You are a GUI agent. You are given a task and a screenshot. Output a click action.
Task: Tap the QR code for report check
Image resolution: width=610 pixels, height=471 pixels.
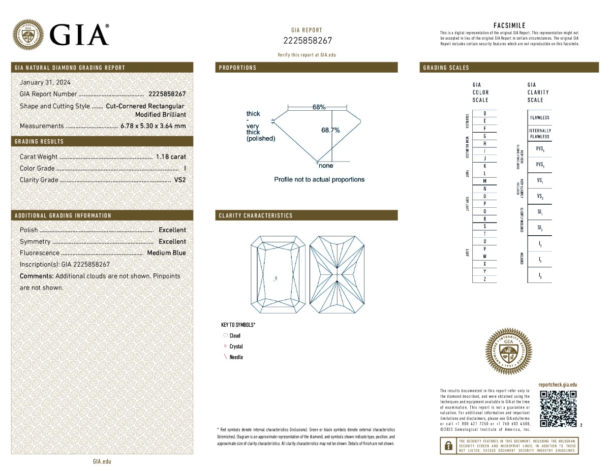(558, 409)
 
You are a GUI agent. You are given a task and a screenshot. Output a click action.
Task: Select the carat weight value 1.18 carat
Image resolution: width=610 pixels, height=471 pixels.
(171, 157)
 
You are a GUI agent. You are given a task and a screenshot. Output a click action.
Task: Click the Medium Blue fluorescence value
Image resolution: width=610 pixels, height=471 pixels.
(166, 253)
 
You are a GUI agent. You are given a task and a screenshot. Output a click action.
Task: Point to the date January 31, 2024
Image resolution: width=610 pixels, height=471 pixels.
(45, 82)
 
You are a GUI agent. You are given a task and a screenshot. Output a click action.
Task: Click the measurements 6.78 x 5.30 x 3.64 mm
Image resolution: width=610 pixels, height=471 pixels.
(153, 126)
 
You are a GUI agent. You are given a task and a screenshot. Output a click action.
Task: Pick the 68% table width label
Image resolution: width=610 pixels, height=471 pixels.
(319, 107)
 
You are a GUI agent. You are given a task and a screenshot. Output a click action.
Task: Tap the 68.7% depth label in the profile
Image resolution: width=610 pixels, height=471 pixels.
(330, 130)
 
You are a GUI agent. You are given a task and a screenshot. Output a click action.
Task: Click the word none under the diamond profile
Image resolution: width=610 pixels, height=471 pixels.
(326, 166)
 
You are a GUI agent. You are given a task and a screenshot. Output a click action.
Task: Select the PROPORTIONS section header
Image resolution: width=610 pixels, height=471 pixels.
(238, 68)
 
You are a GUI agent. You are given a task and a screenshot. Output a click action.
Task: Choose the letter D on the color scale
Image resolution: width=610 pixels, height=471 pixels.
(484, 113)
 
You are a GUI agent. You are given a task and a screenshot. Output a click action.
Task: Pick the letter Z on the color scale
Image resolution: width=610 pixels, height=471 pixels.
(484, 279)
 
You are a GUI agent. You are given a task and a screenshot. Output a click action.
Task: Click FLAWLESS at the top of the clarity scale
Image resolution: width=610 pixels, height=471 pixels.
(539, 118)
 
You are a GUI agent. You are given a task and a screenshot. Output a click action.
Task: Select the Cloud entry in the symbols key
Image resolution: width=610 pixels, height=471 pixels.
(235, 335)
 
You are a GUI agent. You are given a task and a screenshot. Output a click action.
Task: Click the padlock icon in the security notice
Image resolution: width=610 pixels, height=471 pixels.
(448, 446)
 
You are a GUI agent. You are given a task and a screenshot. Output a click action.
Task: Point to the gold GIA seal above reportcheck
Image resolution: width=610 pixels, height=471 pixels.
(509, 351)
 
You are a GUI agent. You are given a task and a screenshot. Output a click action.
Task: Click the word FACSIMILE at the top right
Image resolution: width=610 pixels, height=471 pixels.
(509, 25)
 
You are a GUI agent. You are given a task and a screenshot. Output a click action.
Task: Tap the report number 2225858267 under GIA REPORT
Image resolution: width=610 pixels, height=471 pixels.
(307, 41)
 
